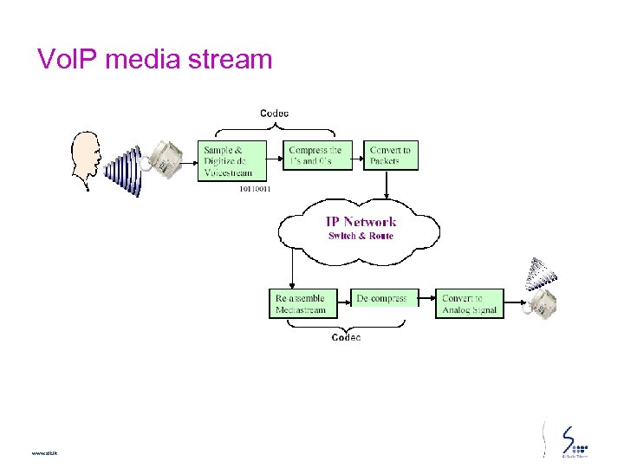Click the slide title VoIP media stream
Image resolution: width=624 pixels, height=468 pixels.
[154, 59]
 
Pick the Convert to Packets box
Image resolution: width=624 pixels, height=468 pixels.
[391, 155]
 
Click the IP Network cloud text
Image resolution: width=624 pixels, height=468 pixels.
[361, 222]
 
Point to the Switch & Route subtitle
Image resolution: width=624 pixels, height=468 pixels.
[361, 236]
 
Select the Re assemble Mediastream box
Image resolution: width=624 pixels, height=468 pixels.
[302, 303]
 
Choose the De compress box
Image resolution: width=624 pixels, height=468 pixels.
[383, 298]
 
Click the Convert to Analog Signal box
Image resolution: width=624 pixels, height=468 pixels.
[470, 303]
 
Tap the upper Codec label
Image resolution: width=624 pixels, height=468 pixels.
[275, 113]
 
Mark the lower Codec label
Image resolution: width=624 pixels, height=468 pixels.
[346, 337]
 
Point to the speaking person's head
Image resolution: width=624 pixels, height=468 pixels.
[87, 156]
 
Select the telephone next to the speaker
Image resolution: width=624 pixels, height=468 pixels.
[164, 158]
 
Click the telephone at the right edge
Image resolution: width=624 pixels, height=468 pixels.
[544, 303]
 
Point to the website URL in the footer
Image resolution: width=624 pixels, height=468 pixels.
[42, 453]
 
